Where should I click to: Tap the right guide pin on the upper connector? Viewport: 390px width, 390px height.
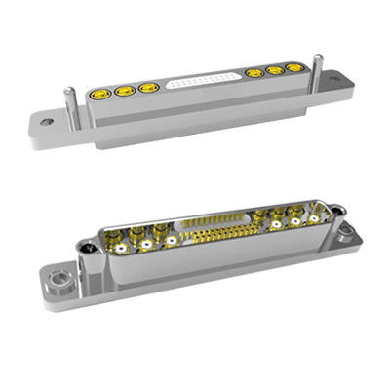317,62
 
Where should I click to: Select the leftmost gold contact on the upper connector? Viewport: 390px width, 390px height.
99,96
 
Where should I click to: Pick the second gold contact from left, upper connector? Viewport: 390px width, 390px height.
124,92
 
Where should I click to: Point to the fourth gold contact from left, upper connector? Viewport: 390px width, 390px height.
256,73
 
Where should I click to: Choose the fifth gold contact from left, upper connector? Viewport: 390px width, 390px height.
275,70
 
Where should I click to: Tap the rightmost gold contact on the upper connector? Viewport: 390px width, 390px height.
293,68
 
